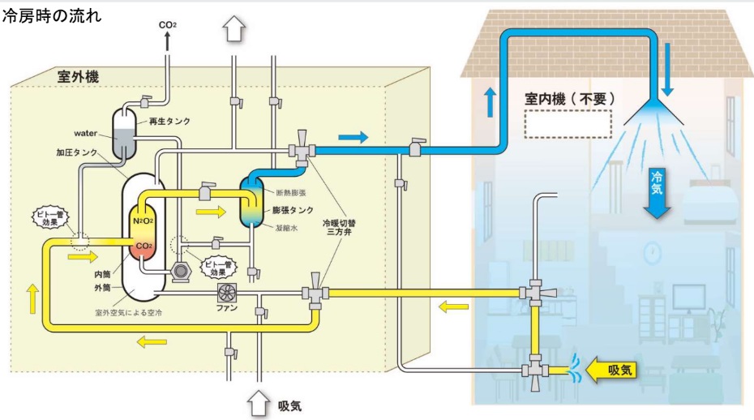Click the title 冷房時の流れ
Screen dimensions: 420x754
pyautogui.click(x=51, y=16)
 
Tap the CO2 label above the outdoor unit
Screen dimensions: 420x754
pyautogui.click(x=168, y=26)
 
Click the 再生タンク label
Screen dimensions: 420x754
pyautogui.click(x=169, y=121)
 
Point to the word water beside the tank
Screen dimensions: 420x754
pyautogui.click(x=86, y=132)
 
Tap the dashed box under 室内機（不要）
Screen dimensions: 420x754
pyautogui.click(x=568, y=123)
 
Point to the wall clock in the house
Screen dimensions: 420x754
pyautogui.click(x=653, y=253)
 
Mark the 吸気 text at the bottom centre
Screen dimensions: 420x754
pyautogui.click(x=289, y=405)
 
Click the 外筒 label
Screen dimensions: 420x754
pyautogui.click(x=101, y=287)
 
